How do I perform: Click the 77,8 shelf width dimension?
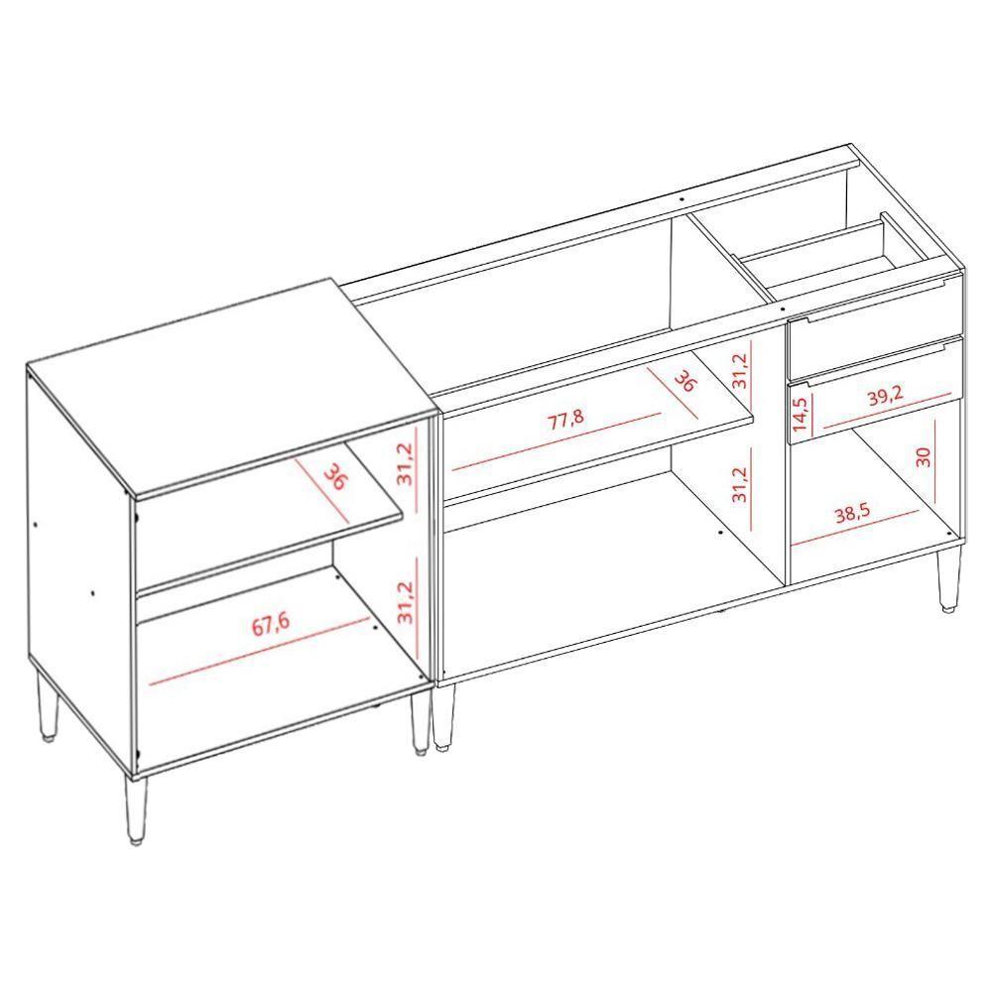pos(566,418)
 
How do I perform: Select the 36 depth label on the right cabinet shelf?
pos(683,381)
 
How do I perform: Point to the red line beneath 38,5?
pos(854,529)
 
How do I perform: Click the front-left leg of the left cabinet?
pos(135,808)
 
